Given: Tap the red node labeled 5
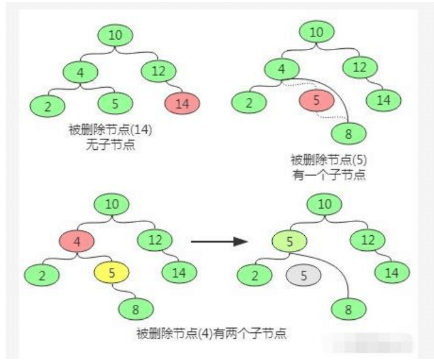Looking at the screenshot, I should [x=317, y=100].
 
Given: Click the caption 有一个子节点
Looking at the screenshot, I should [x=329, y=174].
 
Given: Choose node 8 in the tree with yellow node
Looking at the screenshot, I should [x=137, y=308].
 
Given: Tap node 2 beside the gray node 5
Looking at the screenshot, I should [x=254, y=275].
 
